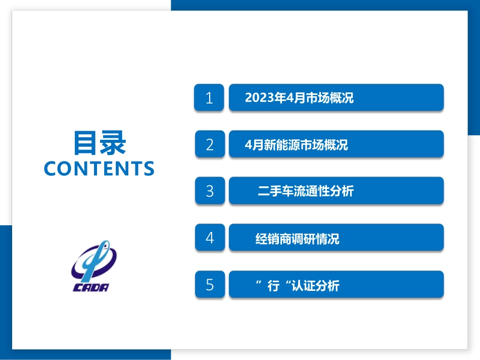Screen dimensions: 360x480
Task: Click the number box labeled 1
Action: pos(209,98)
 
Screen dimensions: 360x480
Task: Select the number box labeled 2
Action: pos(210,144)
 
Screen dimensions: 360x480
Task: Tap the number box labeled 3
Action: pos(210,191)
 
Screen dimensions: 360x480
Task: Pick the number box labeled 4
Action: pos(210,237)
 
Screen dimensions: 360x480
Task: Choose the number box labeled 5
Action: pos(210,285)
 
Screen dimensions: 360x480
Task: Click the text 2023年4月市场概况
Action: pos(299,98)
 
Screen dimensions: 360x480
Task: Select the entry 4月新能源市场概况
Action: pos(296,145)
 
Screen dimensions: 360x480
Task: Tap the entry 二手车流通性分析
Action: pos(305,191)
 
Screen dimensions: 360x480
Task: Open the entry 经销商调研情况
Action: pos(297,238)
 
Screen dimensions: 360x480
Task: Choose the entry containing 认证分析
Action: pos(297,286)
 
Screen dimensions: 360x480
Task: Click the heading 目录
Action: pos(100,143)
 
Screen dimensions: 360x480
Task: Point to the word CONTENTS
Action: pos(99,169)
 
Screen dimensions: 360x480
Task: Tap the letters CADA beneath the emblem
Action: pos(91,288)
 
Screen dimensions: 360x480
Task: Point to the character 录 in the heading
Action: pos(113,143)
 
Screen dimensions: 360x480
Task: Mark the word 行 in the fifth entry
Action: pos(273,286)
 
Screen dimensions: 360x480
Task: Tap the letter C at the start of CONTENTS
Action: pos(50,169)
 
